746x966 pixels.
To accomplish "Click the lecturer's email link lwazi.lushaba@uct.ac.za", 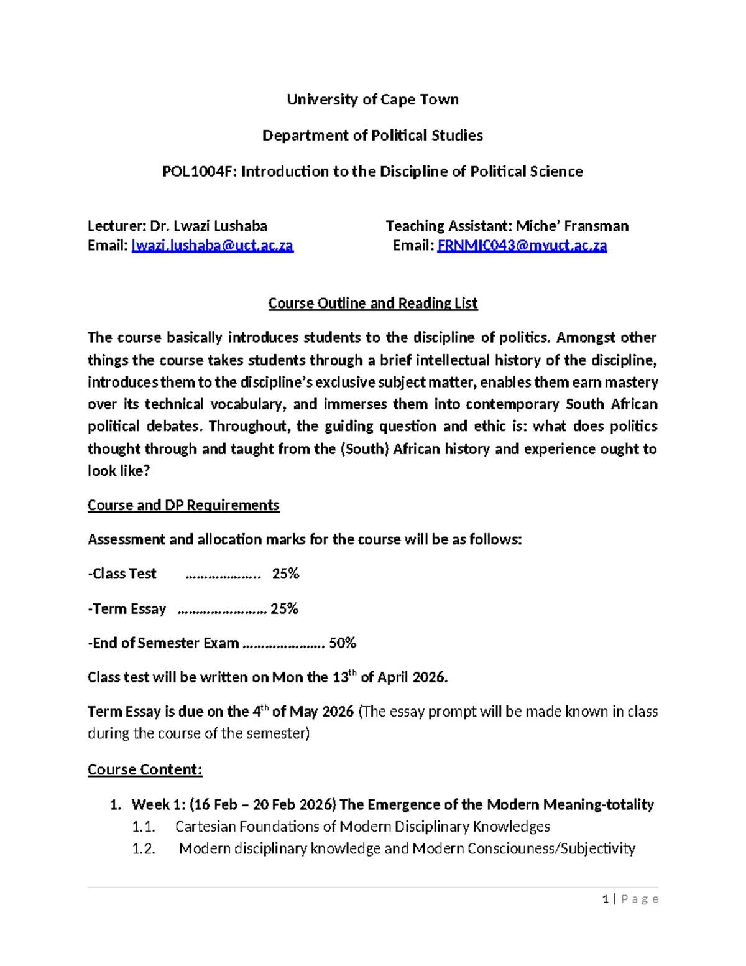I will point(212,246).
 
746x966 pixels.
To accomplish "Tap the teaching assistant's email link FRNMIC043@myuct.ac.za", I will point(522,246).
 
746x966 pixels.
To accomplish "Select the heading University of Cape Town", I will point(372,100).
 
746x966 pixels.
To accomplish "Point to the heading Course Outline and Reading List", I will point(372,304).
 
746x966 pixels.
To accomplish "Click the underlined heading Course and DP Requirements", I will point(183,505).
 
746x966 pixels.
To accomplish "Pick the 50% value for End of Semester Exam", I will point(343,643).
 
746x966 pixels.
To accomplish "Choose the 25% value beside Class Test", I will point(285,574).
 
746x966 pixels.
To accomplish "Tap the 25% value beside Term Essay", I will point(284,608).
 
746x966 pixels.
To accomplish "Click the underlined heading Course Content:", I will point(145,770).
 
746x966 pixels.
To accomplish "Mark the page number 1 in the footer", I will point(606,899).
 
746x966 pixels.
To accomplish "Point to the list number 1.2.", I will point(144,849).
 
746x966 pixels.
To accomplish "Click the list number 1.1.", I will point(143,827).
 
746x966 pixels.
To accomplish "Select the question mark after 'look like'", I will point(147,471).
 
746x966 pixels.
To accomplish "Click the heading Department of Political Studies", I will point(372,136).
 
